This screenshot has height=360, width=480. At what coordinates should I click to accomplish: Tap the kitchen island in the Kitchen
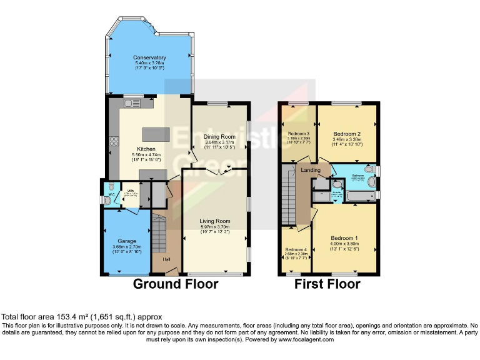point(151,134)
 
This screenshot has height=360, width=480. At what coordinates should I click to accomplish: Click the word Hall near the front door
point(166,259)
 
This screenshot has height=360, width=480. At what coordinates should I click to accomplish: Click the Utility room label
point(131,191)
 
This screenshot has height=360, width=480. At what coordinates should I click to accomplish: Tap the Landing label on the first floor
point(311,170)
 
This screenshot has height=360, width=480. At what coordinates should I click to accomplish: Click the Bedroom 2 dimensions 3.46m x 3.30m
point(347,140)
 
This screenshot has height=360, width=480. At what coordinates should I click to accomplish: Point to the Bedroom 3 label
point(298,134)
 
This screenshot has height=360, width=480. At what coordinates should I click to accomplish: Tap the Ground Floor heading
point(176,284)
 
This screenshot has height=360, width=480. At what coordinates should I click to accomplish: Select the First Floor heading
point(327,284)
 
